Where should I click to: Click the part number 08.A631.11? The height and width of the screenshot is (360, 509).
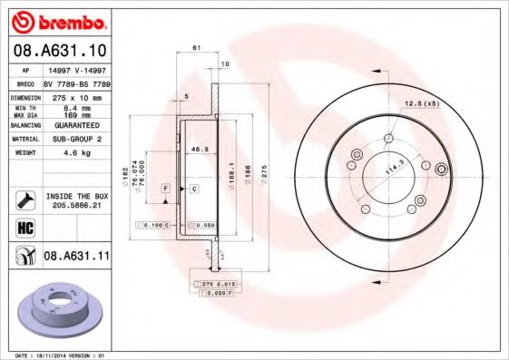76,257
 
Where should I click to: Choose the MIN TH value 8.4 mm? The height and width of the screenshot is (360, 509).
76,108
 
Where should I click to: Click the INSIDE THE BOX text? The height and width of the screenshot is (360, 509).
76,195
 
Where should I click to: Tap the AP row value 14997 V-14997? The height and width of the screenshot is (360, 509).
76,69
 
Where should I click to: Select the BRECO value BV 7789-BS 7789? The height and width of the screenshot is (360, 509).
76,83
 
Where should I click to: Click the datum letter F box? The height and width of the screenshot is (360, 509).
166,188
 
